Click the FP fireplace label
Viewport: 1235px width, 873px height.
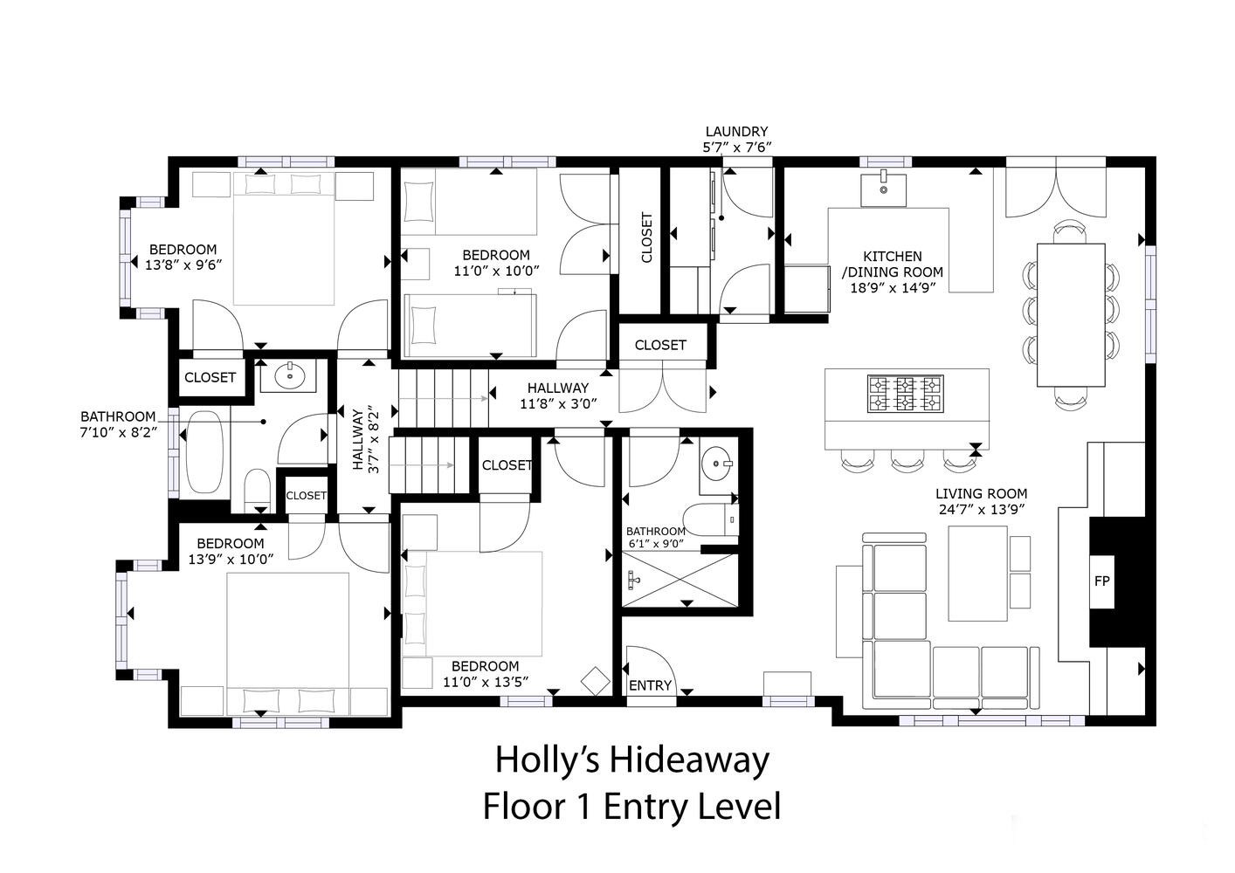1101,581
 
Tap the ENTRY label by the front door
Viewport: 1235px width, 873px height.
650,685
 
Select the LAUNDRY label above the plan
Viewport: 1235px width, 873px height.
736,132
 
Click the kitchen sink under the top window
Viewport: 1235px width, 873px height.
883,190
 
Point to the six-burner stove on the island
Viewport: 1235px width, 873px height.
906,394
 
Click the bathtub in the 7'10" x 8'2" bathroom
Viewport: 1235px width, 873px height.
204,452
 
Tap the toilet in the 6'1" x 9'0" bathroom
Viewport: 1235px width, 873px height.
710,519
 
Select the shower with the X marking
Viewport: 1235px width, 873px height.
680,581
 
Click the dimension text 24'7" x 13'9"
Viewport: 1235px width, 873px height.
982,510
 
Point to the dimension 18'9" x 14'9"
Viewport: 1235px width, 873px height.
893,288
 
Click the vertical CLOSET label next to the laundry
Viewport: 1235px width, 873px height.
646,237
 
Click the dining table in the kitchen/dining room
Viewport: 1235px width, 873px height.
1071,314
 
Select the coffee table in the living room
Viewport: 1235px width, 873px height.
978,574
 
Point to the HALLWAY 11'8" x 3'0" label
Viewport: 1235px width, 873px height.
558,395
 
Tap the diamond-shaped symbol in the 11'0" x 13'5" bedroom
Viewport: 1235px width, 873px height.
596,681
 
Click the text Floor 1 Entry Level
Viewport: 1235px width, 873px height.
631,807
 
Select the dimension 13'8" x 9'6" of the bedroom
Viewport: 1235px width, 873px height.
183,265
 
